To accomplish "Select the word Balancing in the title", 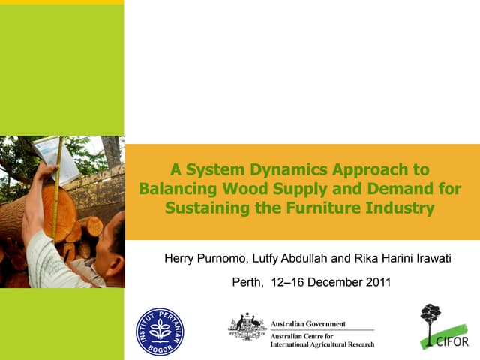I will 176,189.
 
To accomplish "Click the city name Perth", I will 245,283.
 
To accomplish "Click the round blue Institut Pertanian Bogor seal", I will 159,331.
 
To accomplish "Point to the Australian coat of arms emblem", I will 247,327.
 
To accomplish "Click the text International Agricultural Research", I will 322,344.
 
